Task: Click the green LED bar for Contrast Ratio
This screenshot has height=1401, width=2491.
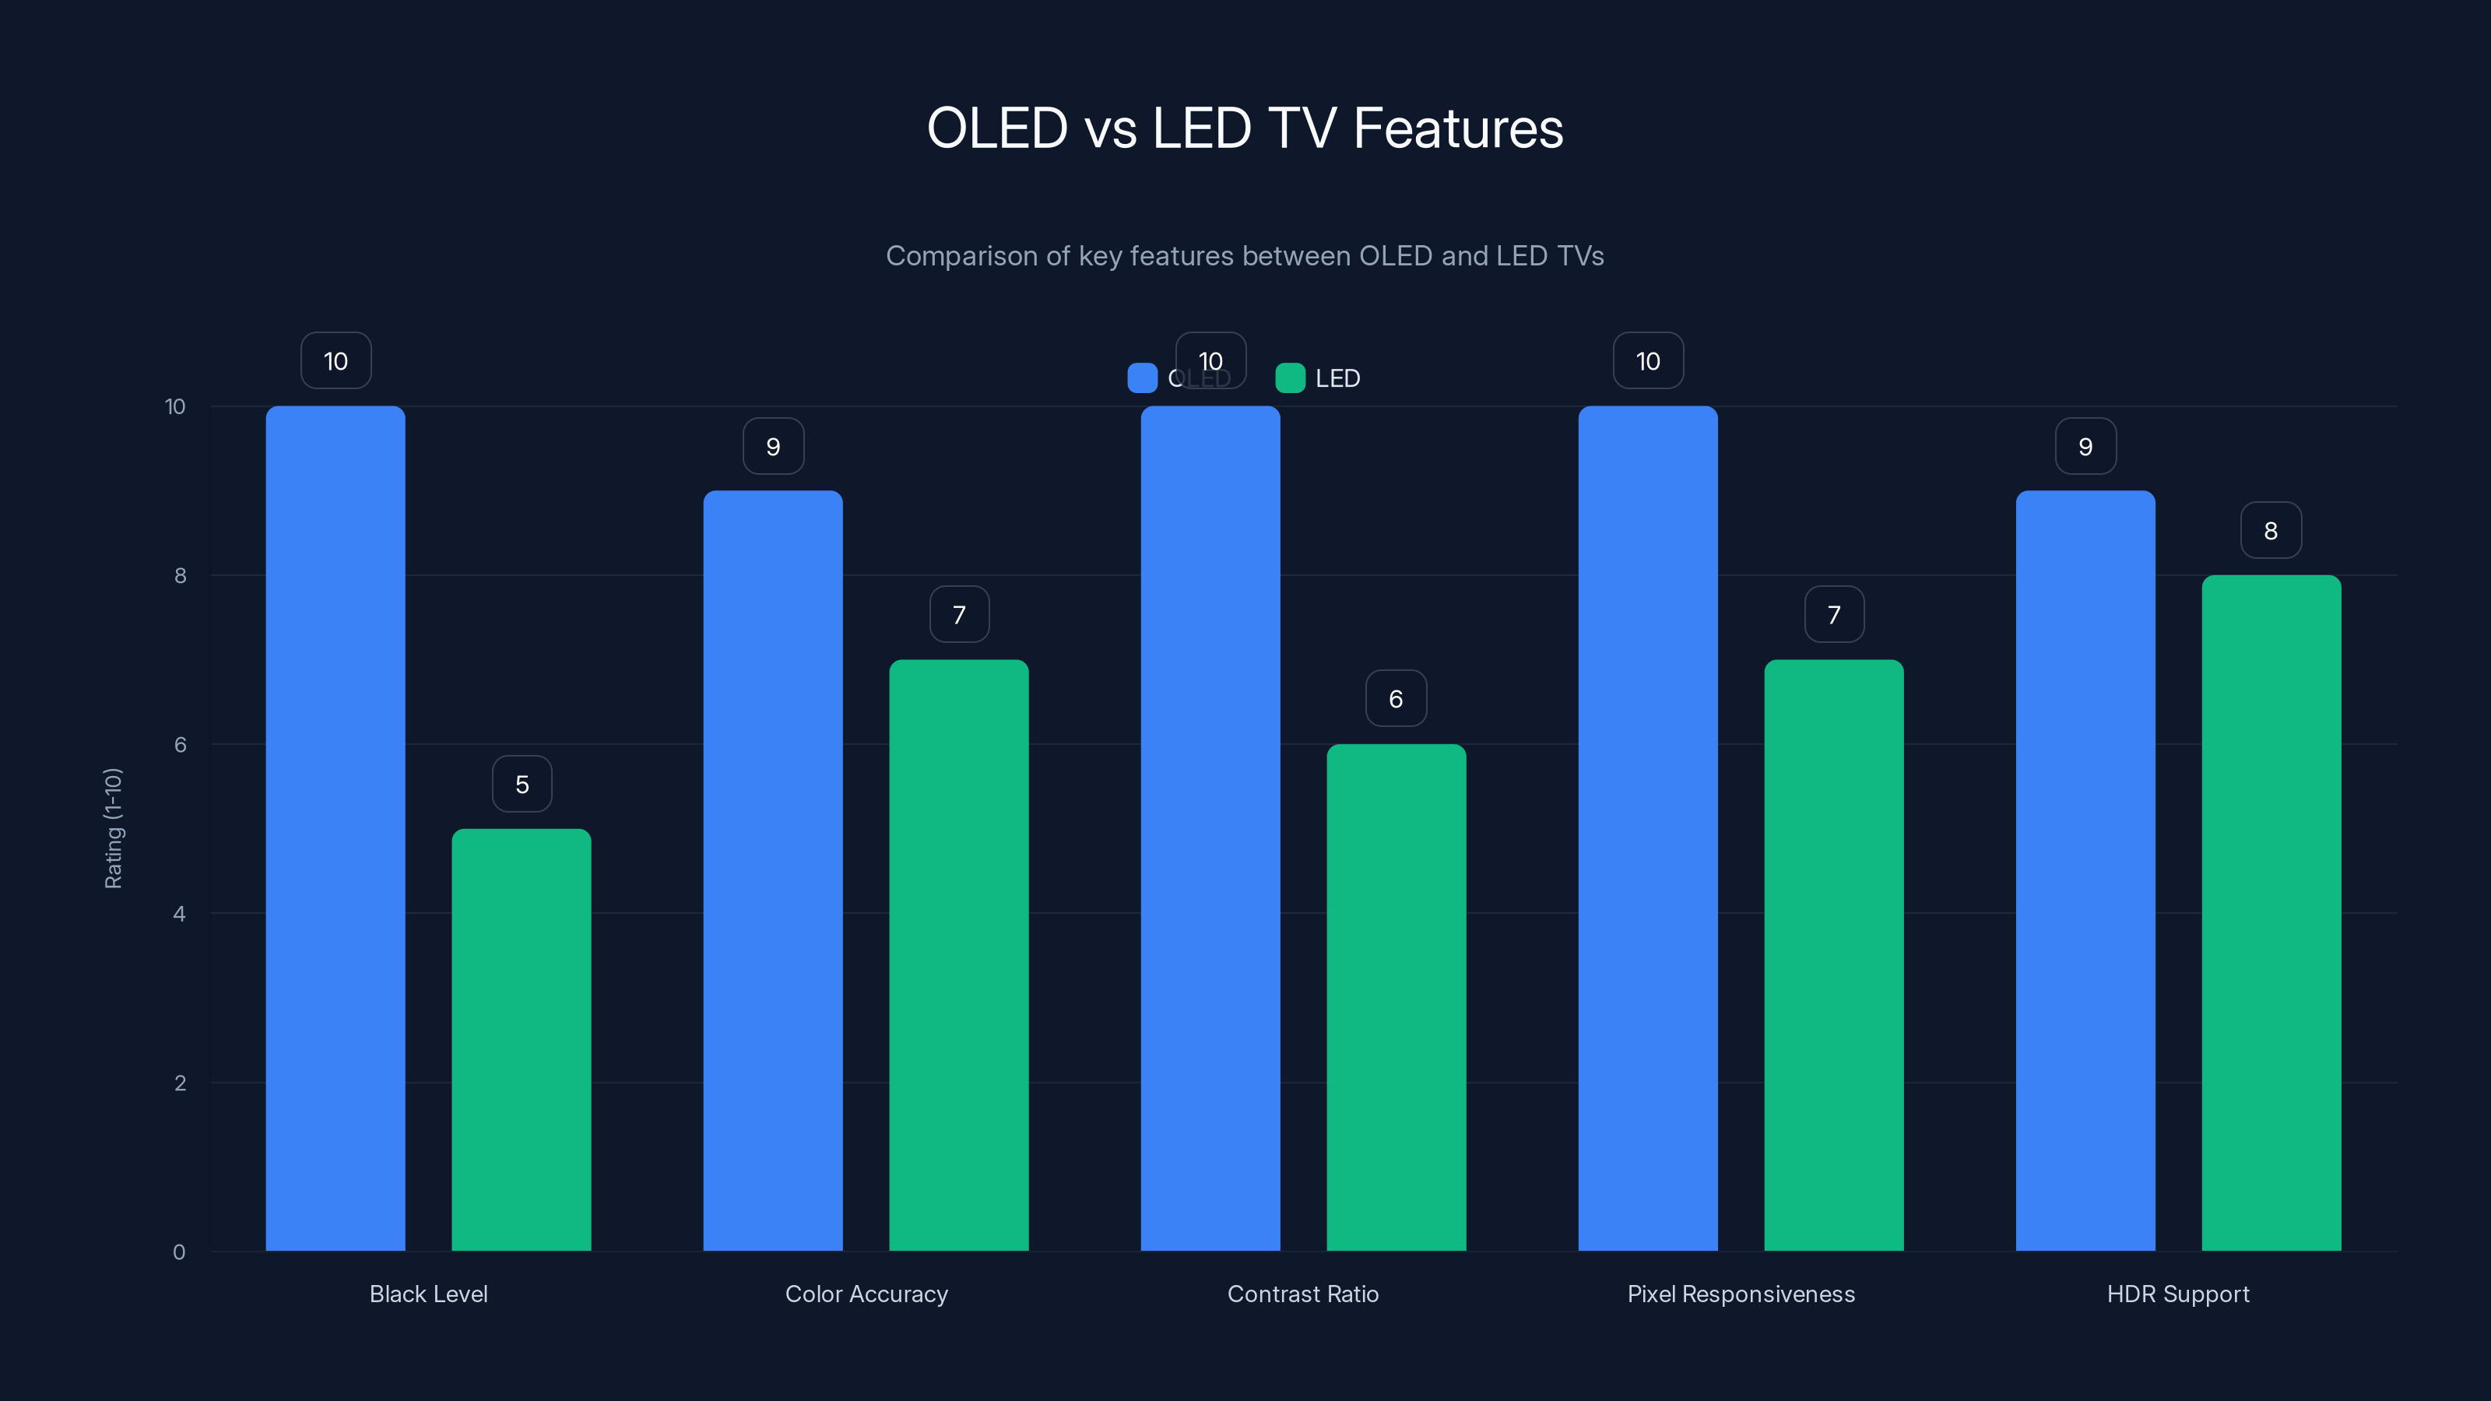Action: coord(1396,997)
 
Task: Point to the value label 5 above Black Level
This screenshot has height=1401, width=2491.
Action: coord(522,784)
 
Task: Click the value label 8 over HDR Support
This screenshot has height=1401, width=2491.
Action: coord(2271,531)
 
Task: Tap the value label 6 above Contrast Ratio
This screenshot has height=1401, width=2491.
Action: coord(1396,699)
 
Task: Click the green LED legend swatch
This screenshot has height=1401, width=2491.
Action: coord(1290,378)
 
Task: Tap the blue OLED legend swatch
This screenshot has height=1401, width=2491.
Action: coord(1142,378)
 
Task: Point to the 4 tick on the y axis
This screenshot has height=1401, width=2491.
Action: coord(180,914)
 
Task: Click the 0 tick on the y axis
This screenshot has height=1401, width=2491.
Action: coord(180,1252)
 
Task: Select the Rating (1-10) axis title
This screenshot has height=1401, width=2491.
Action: coord(113,827)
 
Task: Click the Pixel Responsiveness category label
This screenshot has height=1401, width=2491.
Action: coord(1741,1294)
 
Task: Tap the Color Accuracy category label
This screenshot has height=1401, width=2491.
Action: coord(866,1294)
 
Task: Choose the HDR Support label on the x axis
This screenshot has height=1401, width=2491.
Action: coord(2178,1294)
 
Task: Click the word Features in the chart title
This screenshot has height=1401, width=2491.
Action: coord(1457,128)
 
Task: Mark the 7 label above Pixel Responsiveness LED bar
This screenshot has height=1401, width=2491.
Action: coord(1833,615)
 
